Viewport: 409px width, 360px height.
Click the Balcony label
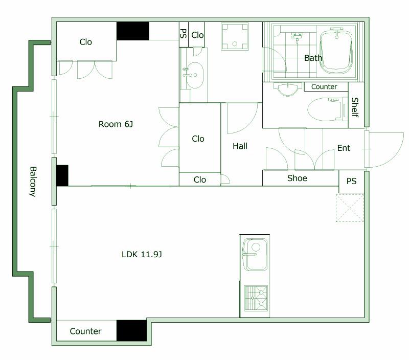click(32, 182)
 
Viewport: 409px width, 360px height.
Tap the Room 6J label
click(116, 124)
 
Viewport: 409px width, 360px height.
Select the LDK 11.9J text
click(142, 254)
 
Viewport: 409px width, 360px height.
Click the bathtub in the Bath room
click(336, 52)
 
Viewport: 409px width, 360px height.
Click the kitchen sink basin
click(255, 255)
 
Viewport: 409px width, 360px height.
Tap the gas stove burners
click(256, 299)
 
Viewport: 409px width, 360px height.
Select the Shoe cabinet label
click(297, 178)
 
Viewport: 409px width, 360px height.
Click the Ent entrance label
click(344, 148)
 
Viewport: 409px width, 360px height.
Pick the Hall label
click(240, 146)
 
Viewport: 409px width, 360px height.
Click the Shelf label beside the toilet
click(355, 107)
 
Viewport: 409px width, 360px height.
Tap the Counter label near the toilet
click(324, 86)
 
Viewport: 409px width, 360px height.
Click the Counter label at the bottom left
click(85, 331)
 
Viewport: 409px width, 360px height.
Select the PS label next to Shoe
click(351, 181)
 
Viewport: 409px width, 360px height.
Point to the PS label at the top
click(184, 33)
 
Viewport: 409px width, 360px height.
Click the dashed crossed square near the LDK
click(350, 208)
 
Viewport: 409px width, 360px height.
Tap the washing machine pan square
click(235, 36)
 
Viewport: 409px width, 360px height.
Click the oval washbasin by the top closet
click(195, 75)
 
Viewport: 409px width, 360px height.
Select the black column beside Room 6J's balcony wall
click(62, 175)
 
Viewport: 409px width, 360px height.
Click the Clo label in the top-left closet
click(85, 42)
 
